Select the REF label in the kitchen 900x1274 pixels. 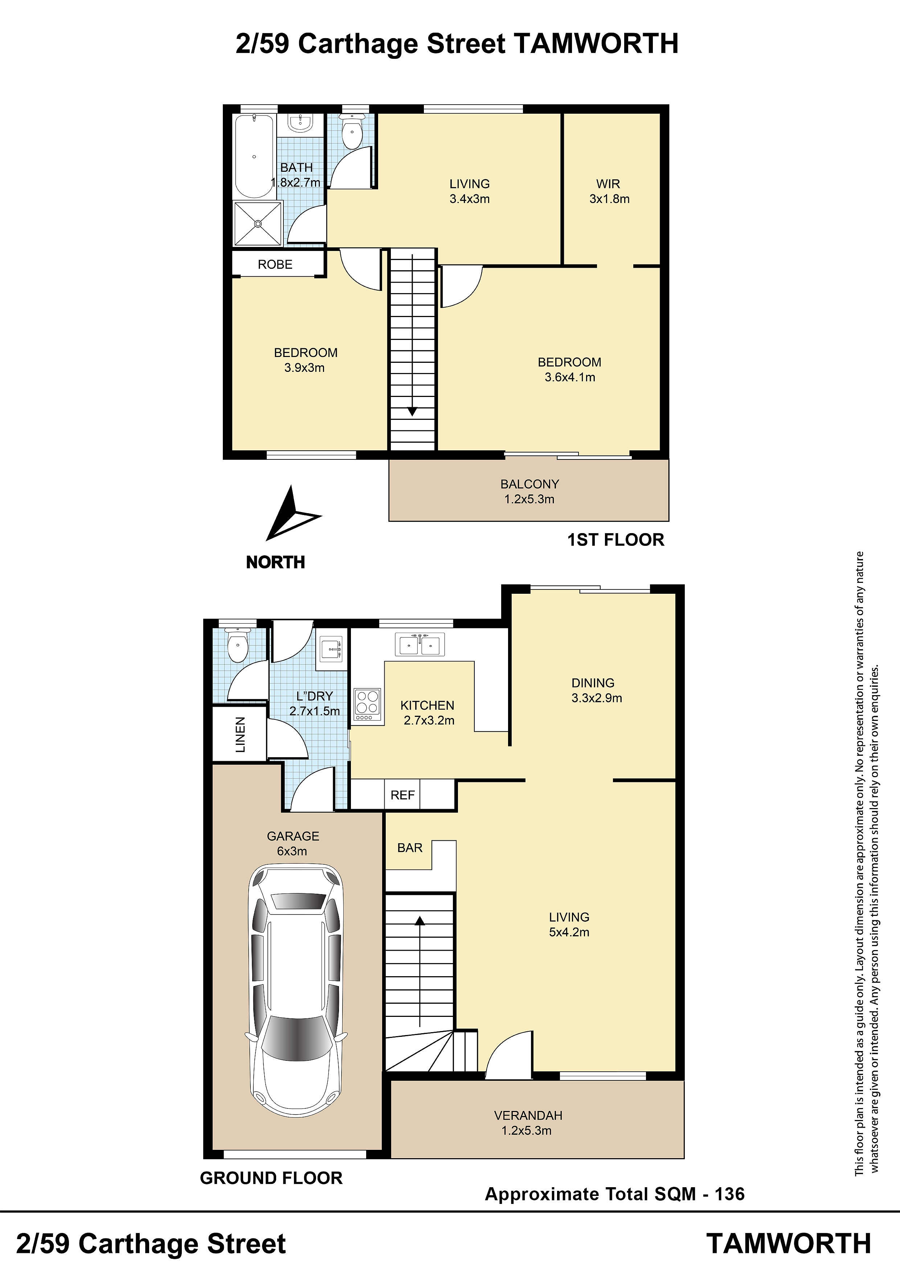click(x=402, y=795)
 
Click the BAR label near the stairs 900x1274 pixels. click(x=410, y=848)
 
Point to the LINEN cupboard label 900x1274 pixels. click(x=240, y=735)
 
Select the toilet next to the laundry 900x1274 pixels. click(x=238, y=646)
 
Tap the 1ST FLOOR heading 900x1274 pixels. click(x=615, y=540)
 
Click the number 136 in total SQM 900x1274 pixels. click(x=729, y=1193)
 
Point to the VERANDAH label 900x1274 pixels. click(x=528, y=1115)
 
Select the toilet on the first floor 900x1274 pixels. click(x=352, y=131)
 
